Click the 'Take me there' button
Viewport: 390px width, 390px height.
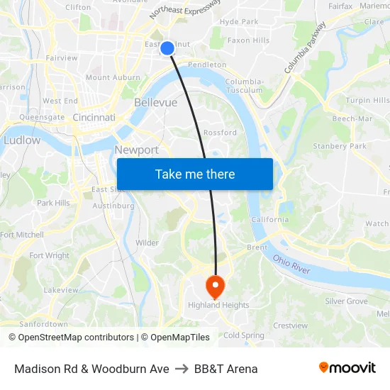point(195,174)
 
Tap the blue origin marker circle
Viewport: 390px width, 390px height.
point(167,48)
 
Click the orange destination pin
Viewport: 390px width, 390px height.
point(214,287)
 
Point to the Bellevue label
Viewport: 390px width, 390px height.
point(155,103)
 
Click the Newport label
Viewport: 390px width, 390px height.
point(137,150)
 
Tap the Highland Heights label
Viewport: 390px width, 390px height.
point(218,306)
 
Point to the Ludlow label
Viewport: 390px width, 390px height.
point(22,140)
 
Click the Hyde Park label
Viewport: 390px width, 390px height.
point(239,22)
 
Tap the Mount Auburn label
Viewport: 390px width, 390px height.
point(112,77)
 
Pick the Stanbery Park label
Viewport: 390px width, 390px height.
point(340,146)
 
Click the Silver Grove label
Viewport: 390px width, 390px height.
point(346,301)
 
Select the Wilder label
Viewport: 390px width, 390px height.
point(147,243)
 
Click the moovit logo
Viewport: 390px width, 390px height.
point(347,368)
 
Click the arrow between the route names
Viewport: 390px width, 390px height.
point(182,369)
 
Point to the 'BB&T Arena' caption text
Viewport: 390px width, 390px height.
point(225,369)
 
